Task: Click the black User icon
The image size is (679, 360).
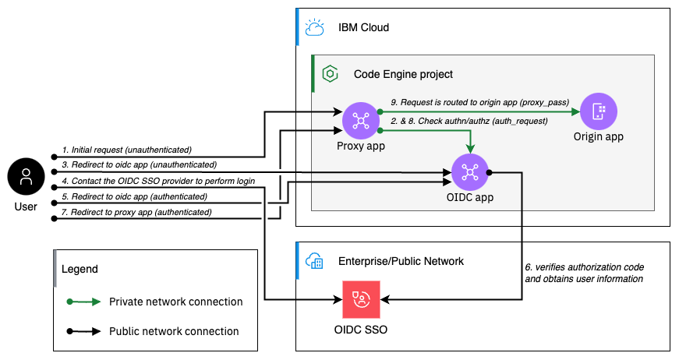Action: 27,178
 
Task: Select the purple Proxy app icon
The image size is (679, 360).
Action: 360,120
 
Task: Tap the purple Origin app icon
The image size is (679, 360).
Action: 598,111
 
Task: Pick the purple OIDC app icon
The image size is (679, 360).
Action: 469,171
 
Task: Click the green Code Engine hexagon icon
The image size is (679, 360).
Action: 331,74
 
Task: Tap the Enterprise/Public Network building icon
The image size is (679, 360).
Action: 315,260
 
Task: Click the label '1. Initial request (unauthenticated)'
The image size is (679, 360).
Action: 127,149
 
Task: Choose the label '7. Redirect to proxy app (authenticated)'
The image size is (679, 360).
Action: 136,212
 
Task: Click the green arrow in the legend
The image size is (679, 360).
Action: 84,302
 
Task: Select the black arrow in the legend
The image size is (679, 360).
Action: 84,331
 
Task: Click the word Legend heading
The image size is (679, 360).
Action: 80,269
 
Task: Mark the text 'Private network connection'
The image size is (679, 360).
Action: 175,302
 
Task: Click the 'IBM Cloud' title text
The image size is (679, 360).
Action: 363,28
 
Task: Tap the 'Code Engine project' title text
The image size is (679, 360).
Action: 403,74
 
